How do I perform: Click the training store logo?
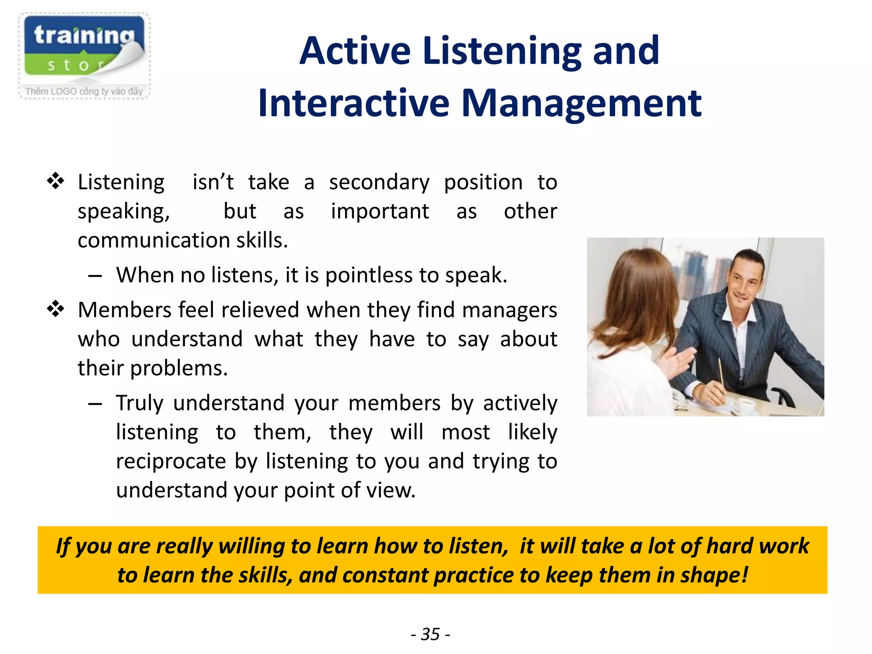click(x=84, y=47)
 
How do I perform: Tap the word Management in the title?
click(x=581, y=103)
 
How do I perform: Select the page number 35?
click(x=430, y=634)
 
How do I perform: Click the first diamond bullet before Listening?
click(x=55, y=181)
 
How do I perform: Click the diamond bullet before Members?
click(x=55, y=309)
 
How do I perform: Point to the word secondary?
click(x=379, y=183)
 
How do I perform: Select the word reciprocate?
click(x=171, y=462)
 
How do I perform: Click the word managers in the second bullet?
click(x=509, y=310)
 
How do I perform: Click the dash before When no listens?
click(x=95, y=276)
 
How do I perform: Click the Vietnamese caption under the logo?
click(x=84, y=91)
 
